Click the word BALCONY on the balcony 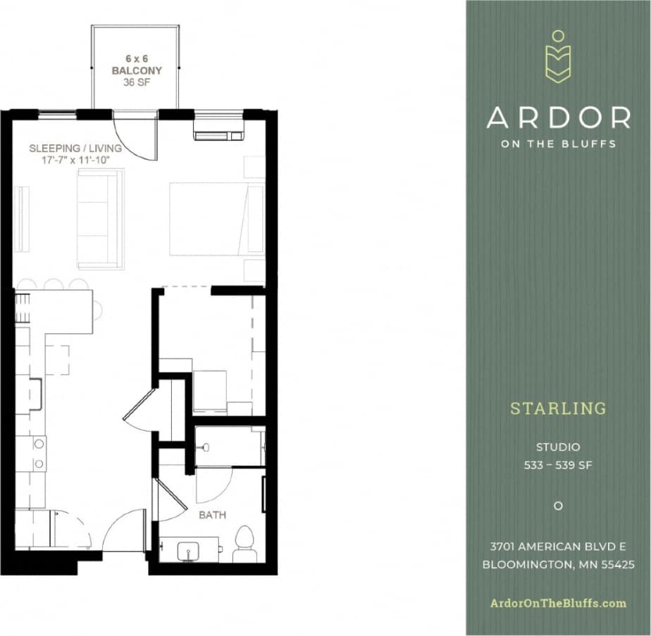pos(137,70)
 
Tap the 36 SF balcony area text pos(137,82)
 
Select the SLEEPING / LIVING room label pos(75,149)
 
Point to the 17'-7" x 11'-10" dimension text pos(75,160)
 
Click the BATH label pos(212,515)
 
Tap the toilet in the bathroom pos(244,542)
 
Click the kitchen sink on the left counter pos(35,394)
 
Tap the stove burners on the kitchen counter pos(39,454)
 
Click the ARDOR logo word pos(558,118)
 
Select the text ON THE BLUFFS pos(558,144)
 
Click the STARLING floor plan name pos(558,409)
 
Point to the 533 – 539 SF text pos(558,465)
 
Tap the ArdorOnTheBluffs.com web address pos(558,603)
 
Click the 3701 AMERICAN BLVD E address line pos(558,546)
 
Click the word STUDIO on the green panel pos(558,447)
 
